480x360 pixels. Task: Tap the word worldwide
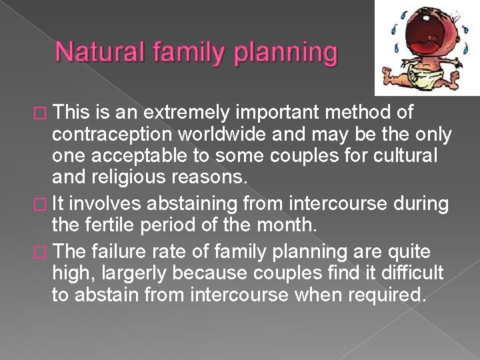pyautogui.click(x=207, y=135)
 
